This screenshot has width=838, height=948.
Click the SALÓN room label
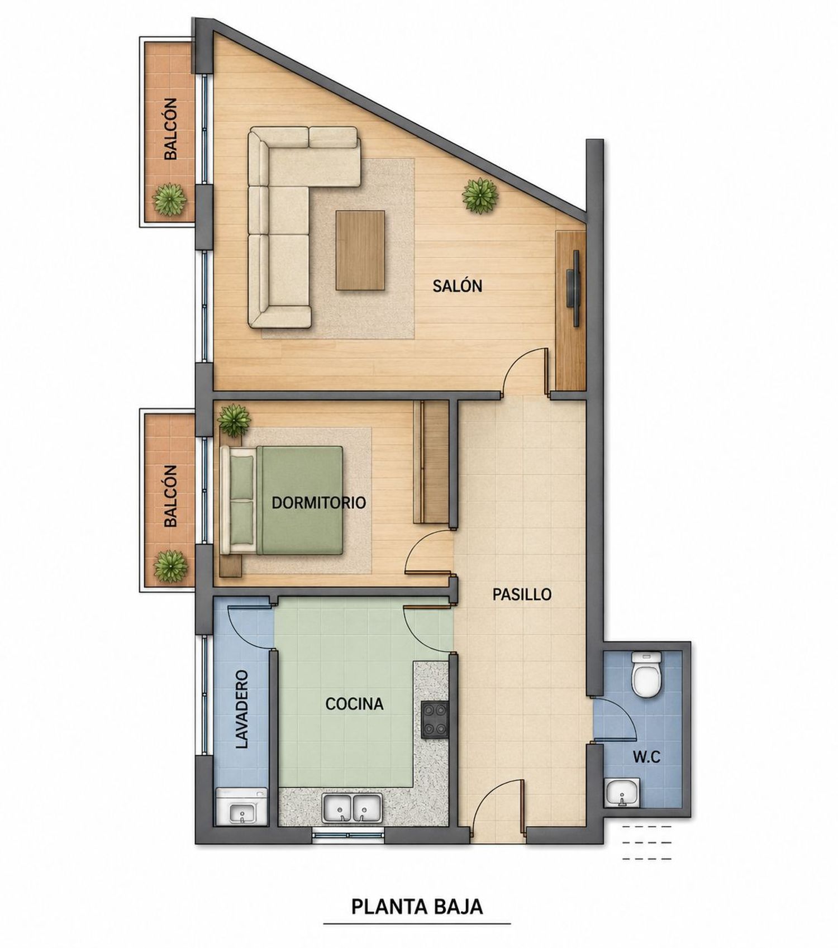click(x=457, y=286)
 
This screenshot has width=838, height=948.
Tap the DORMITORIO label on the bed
click(x=318, y=503)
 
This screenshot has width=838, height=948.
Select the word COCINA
click(x=354, y=704)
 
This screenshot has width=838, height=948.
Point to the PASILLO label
click(x=522, y=594)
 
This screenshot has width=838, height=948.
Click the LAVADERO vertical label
click(x=241, y=709)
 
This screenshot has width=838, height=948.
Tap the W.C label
click(x=646, y=757)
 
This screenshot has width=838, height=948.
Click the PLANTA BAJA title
click(x=417, y=906)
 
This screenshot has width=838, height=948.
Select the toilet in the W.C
click(x=646, y=674)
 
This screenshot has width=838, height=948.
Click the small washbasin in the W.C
click(x=622, y=792)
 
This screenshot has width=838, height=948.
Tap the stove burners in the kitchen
click(x=435, y=720)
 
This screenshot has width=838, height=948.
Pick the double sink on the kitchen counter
click(x=352, y=808)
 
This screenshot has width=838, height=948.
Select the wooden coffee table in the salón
click(x=360, y=250)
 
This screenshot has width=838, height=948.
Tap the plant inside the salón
click(x=480, y=195)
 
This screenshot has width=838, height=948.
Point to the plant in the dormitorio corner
click(x=234, y=421)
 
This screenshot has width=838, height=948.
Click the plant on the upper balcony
click(x=169, y=199)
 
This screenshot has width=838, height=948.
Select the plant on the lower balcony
click(x=170, y=566)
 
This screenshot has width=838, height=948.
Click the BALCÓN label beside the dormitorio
click(x=171, y=496)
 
